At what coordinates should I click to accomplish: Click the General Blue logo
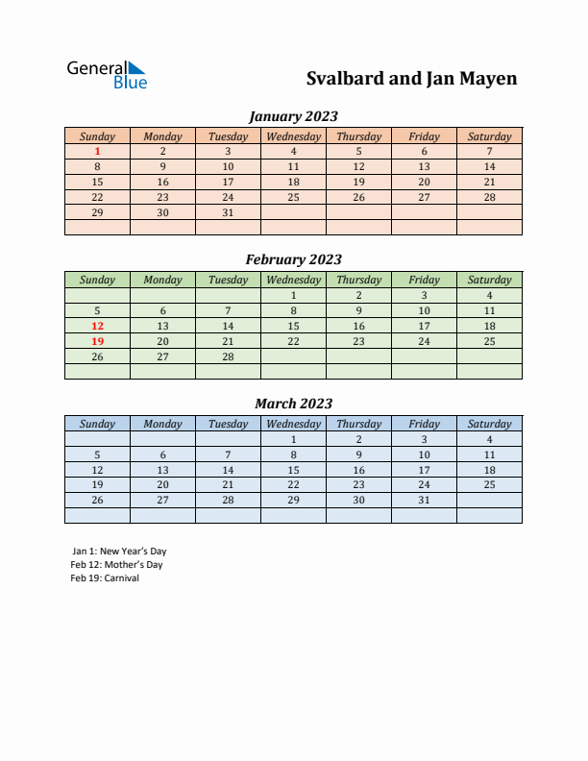point(107,75)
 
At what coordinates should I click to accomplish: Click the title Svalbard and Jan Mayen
point(411,79)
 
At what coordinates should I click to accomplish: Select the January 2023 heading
point(293,116)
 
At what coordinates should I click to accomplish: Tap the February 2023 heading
point(293,259)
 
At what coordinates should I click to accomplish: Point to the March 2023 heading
point(293,404)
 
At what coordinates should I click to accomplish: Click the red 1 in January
point(97,151)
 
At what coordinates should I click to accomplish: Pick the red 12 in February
point(97,326)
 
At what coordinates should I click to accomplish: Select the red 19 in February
point(97,341)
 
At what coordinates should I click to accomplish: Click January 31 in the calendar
point(228,212)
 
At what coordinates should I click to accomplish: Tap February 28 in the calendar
point(228,356)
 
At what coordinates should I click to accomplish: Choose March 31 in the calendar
point(424,500)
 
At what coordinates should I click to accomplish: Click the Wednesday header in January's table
point(293,136)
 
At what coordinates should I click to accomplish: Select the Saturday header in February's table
point(489,281)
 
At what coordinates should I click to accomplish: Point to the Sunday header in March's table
point(97,424)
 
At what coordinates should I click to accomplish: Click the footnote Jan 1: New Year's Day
point(119,552)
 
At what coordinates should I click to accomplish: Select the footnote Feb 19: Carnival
point(105,578)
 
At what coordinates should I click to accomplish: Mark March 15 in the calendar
point(293,470)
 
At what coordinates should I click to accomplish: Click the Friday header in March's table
point(424,424)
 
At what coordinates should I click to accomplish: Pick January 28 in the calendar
point(489,197)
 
